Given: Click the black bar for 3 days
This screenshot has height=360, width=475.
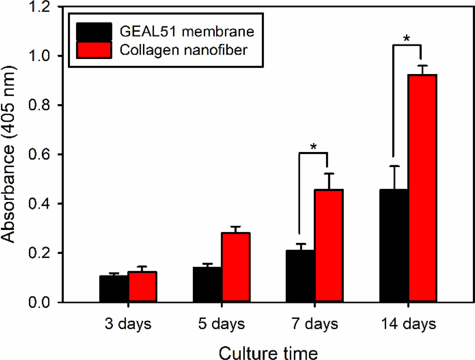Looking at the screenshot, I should click(x=114, y=289).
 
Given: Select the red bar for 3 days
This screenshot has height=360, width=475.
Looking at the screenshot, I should click(x=143, y=287).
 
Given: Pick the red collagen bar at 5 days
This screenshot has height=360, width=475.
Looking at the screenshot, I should click(x=236, y=267).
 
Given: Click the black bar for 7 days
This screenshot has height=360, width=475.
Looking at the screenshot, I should click(x=300, y=276).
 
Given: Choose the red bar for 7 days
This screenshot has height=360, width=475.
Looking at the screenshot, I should click(x=329, y=245).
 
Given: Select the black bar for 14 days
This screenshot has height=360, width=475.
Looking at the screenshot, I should click(x=394, y=245).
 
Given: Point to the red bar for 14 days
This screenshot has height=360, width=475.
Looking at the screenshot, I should click(x=422, y=188).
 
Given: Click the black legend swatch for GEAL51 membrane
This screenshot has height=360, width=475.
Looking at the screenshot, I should click(x=94, y=31).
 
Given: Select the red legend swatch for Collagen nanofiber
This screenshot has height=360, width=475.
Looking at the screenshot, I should click(x=94, y=50).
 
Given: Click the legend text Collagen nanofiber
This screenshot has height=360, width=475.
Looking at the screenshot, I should click(x=183, y=50).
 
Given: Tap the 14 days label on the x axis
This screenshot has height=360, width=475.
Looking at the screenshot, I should click(x=408, y=324).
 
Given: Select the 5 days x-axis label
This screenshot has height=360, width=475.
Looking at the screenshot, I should click(x=221, y=324).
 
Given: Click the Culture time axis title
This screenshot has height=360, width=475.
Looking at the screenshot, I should click(x=268, y=353).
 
